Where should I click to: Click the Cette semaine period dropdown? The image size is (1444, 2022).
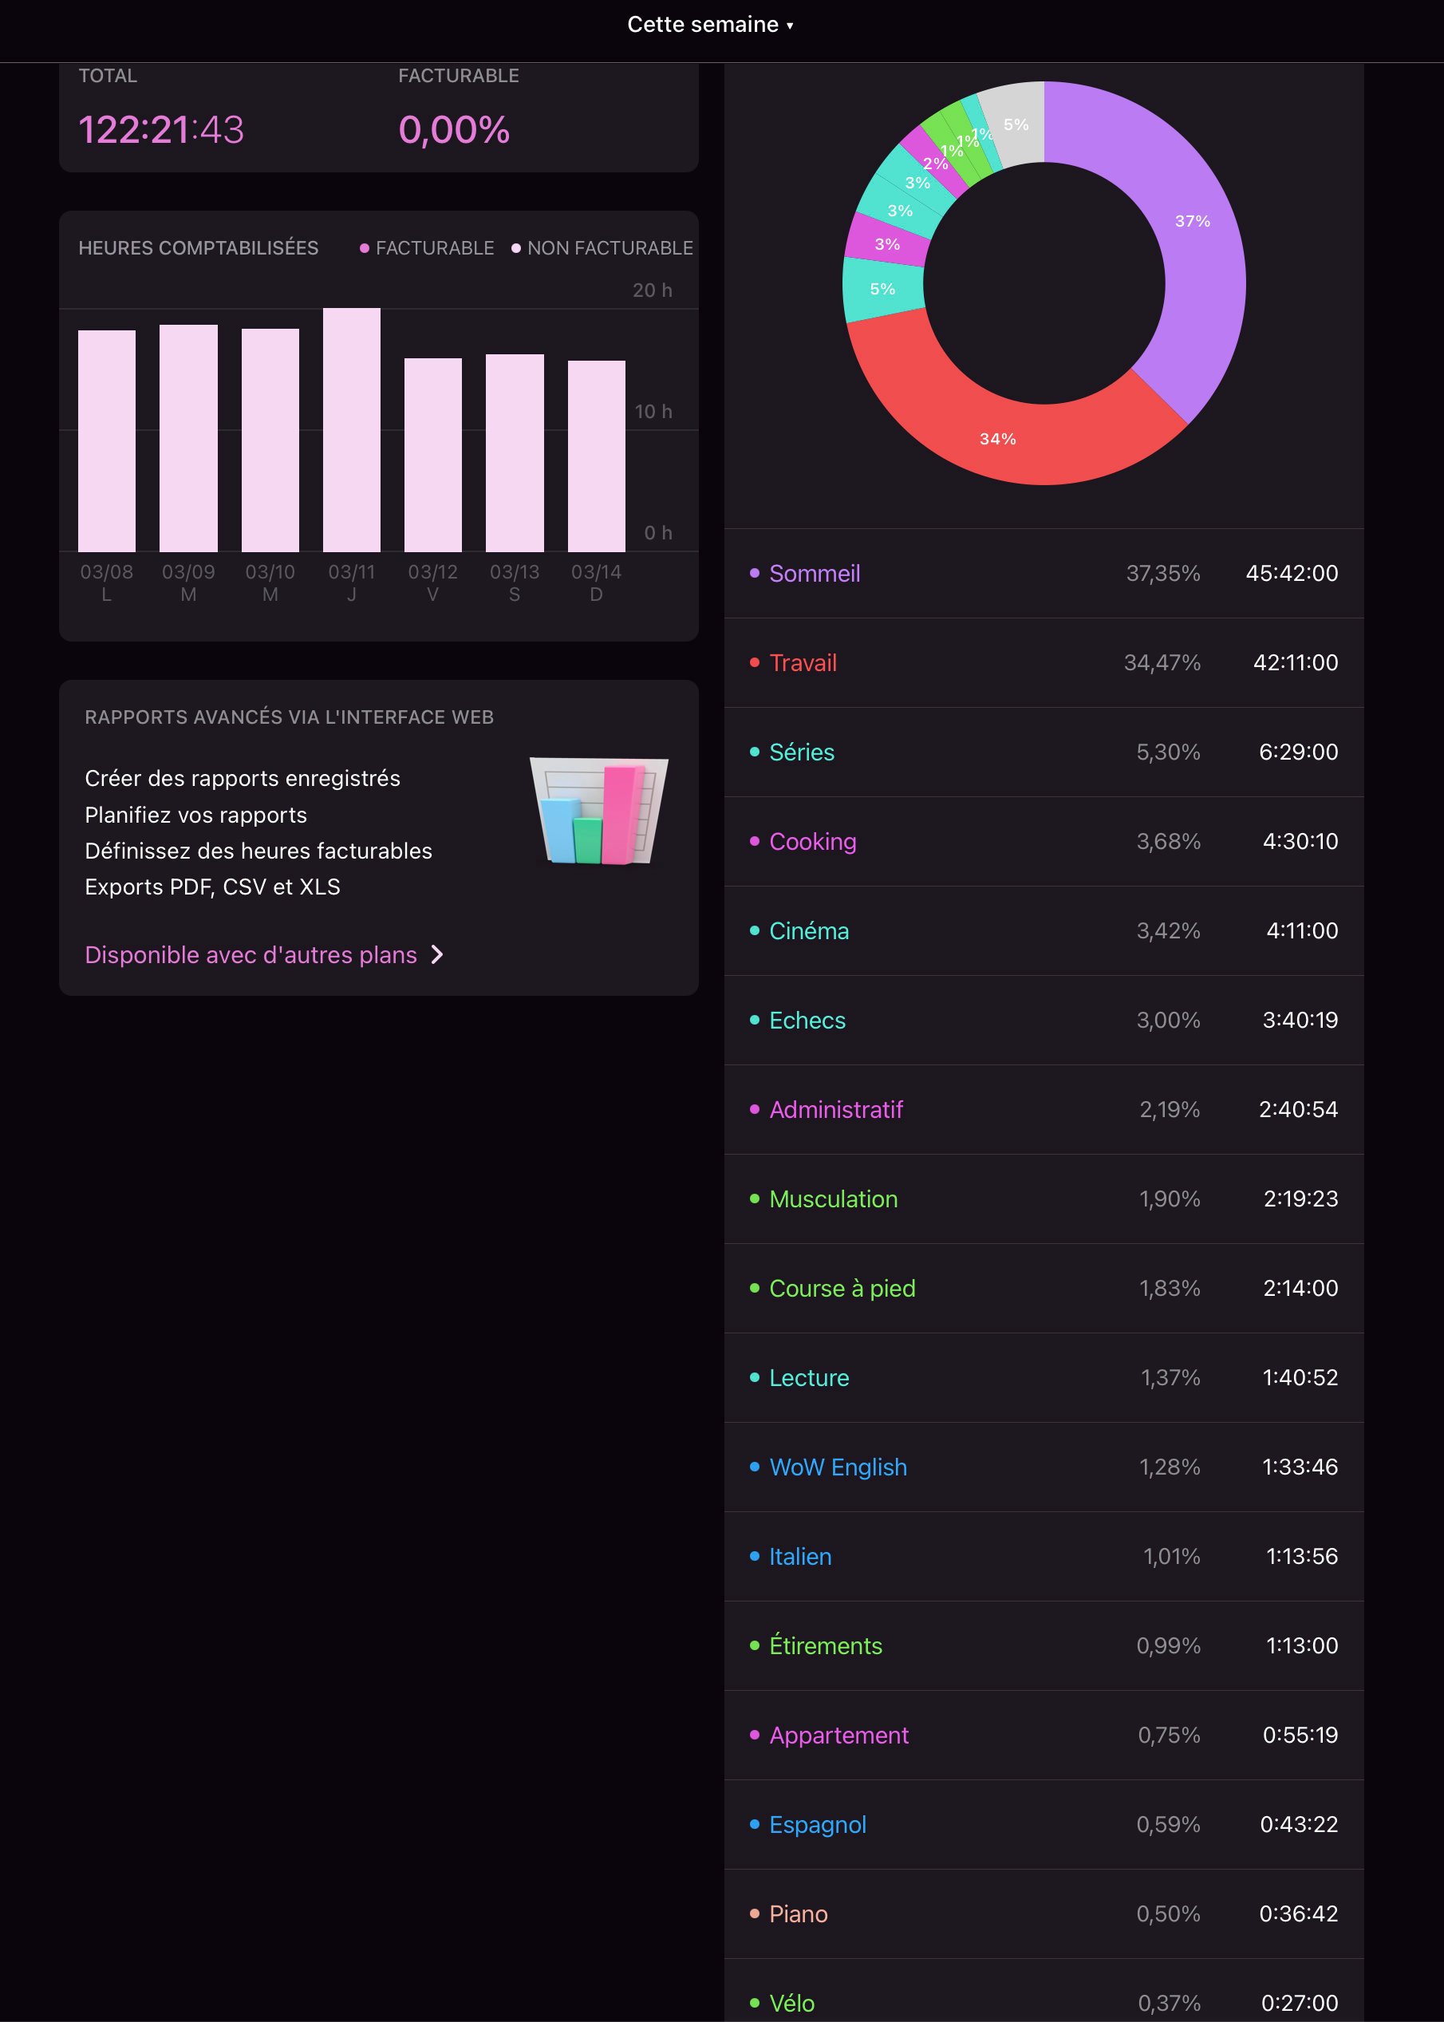(x=709, y=25)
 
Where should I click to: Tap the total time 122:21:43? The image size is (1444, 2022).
(x=161, y=130)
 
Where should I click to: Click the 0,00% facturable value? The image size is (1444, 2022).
(x=453, y=130)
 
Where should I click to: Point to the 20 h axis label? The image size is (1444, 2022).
(x=652, y=290)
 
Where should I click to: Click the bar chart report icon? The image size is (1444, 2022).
(x=598, y=810)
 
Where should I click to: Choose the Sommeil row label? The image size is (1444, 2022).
(x=814, y=574)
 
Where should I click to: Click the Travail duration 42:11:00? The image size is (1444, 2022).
(x=1295, y=662)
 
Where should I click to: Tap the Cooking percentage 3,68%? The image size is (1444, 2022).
(x=1167, y=841)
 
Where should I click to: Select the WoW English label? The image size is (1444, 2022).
(x=838, y=1467)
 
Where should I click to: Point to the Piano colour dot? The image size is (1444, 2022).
(x=754, y=1913)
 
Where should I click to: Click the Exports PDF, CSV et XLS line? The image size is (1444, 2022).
(x=212, y=887)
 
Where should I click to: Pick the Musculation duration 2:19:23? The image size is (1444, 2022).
(x=1300, y=1199)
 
